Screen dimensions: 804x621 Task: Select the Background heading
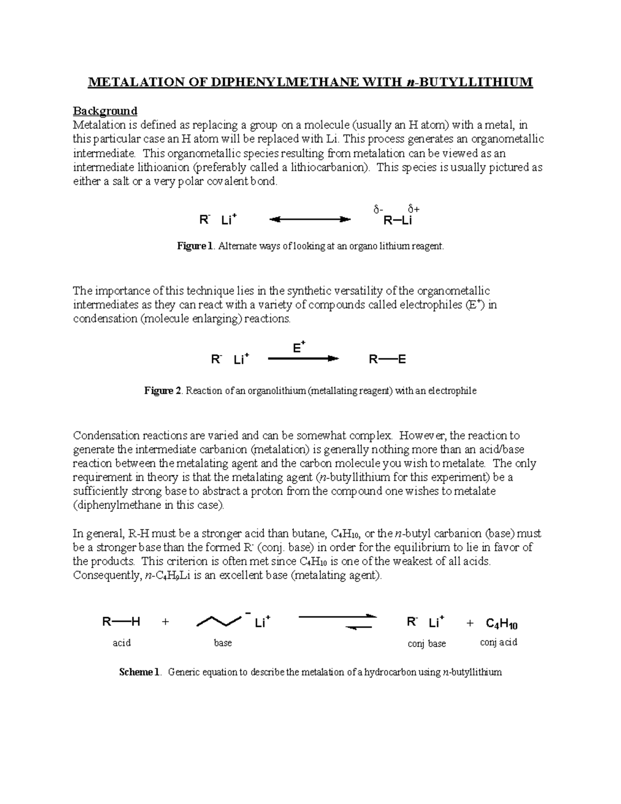[105, 111]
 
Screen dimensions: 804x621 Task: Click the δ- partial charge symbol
[378, 209]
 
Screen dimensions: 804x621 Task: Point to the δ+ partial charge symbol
[413, 209]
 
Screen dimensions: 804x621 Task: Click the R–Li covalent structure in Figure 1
[397, 221]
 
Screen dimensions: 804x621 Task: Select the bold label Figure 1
[195, 246]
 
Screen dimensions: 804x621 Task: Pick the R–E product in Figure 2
[387, 359]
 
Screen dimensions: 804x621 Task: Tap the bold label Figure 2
[162, 391]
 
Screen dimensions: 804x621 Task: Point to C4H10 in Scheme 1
[501, 623]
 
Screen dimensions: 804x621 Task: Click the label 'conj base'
[426, 644]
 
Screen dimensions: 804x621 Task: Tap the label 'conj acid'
[498, 642]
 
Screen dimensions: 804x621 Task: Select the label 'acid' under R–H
[122, 643]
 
